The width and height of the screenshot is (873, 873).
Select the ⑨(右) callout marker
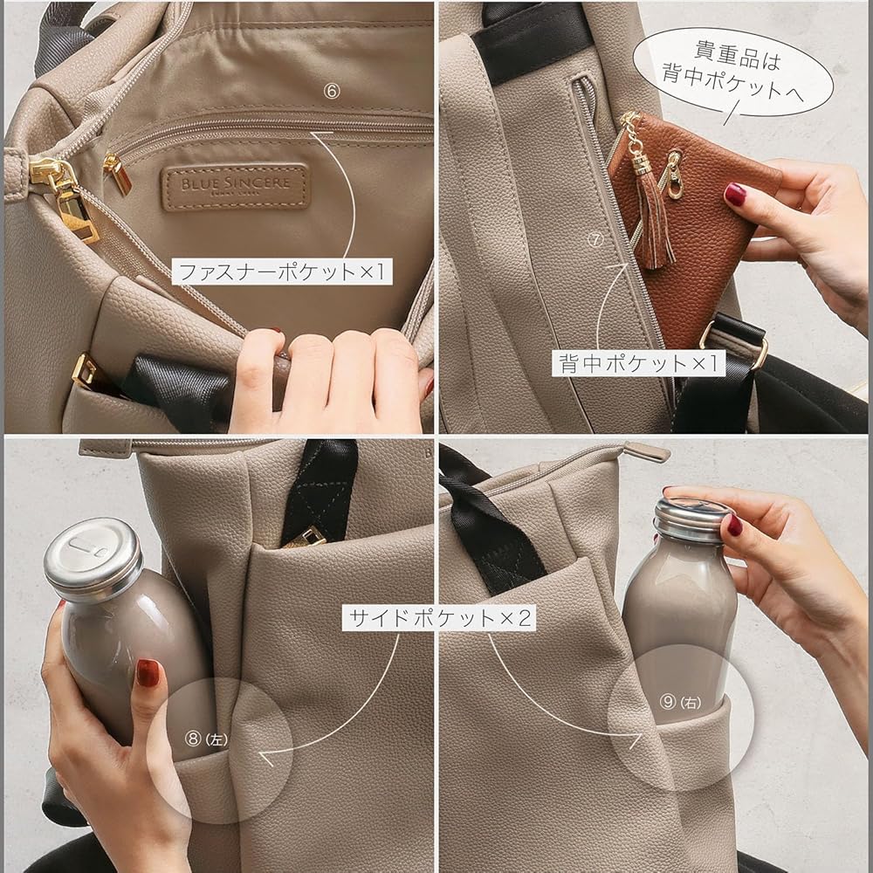678,701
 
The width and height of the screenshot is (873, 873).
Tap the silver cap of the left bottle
93,558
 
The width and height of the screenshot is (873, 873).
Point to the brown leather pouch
690,227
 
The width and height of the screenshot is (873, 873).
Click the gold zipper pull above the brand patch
116,173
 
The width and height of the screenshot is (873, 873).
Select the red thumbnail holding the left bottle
147,672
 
